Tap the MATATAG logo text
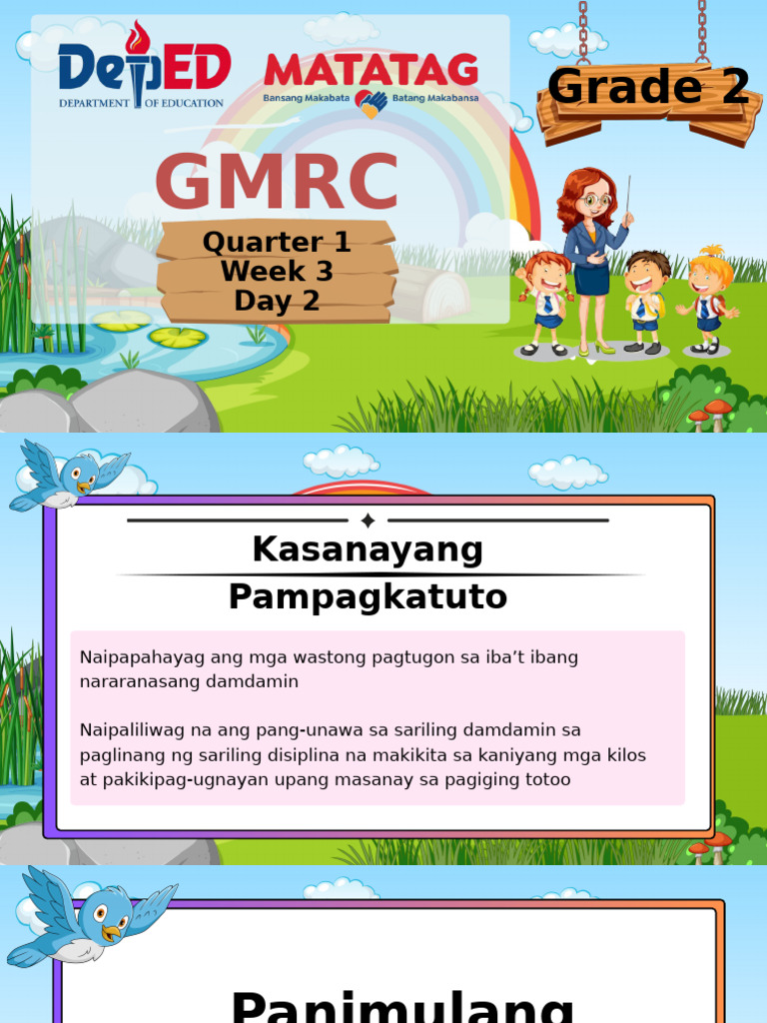point(371,69)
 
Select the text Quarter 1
point(277,242)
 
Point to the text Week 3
point(277,271)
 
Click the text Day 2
point(277,301)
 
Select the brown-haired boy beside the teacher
point(646,300)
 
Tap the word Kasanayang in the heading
point(368,549)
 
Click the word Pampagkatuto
point(368,597)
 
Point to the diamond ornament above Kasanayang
point(368,520)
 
